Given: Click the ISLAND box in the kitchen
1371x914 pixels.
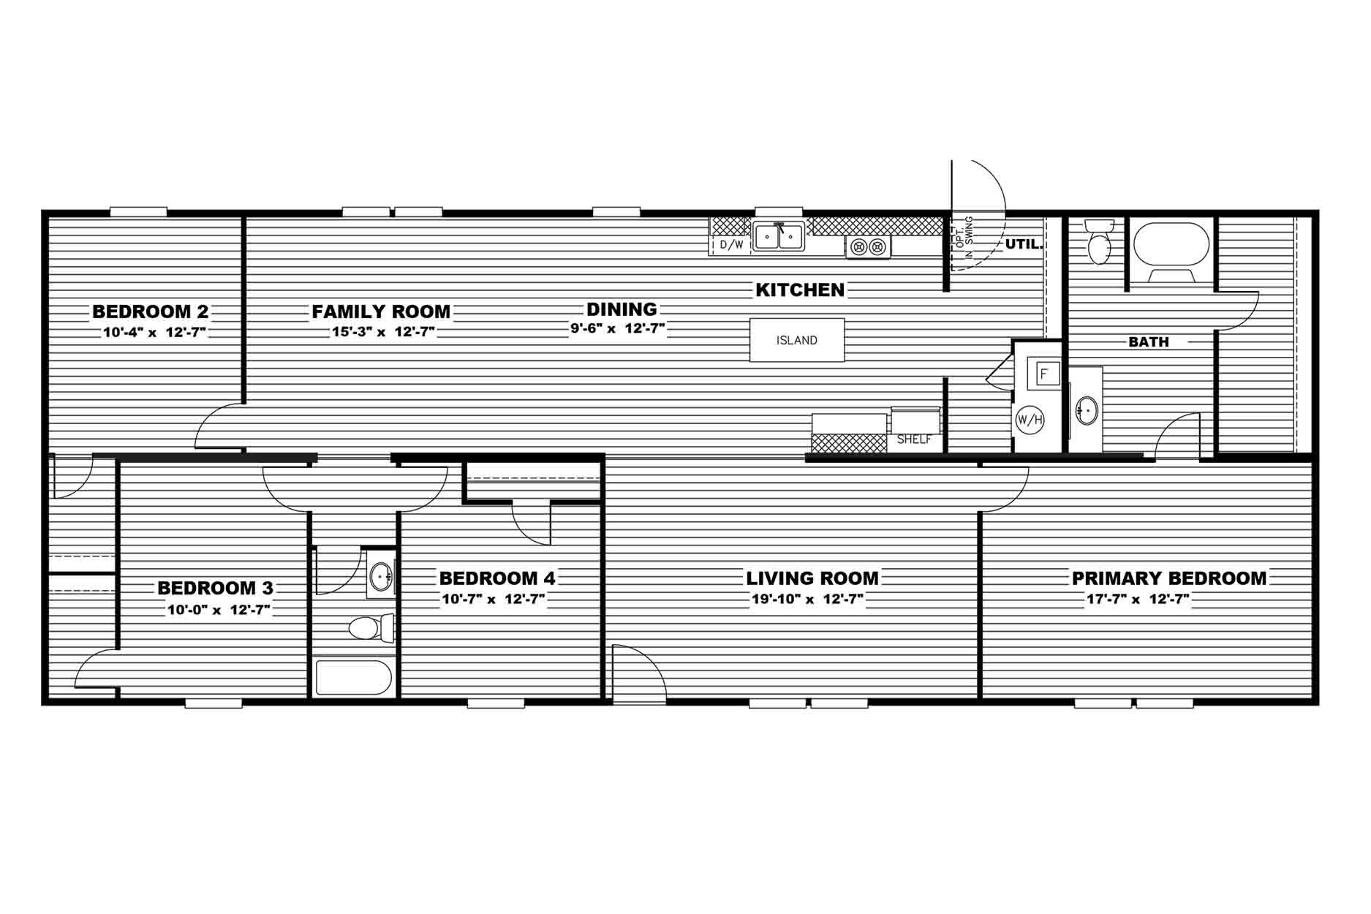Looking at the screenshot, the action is point(797,340).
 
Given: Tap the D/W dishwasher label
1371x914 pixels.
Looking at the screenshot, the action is point(731,245).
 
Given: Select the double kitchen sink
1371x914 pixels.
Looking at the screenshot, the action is point(779,236).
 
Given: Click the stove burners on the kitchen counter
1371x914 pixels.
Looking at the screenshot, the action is point(869,246).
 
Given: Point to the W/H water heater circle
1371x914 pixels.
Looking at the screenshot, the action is point(1030,420).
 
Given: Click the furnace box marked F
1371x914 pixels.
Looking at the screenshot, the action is point(1045,374).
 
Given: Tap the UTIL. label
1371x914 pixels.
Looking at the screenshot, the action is point(1024,244).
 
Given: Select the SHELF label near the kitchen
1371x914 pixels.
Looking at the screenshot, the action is point(914,439).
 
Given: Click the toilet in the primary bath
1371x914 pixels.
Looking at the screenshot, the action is point(1099,241).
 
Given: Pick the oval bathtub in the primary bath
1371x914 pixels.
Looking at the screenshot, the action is point(1171,244).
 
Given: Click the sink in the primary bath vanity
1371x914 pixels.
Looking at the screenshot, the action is point(1087,411).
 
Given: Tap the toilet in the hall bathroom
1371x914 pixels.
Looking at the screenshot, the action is point(371,628).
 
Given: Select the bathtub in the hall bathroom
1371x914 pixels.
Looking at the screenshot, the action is point(355,678).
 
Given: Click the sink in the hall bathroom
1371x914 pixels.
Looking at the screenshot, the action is point(381,577).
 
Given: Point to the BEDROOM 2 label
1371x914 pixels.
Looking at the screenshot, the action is point(151,312).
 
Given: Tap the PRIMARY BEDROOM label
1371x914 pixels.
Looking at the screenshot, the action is point(1169,578).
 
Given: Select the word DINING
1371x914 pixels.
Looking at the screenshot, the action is point(622,309).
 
